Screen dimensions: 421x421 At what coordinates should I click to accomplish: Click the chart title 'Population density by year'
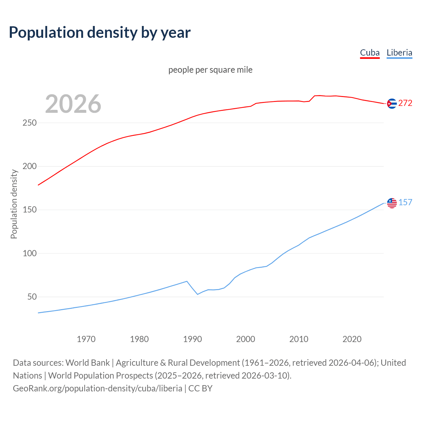point(100,32)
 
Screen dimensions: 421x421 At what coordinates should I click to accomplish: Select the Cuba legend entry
point(370,53)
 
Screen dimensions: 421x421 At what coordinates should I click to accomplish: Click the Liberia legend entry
point(399,53)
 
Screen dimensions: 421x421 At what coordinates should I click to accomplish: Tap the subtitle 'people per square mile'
point(210,70)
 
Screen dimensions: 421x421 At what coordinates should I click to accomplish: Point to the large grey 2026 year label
point(73,104)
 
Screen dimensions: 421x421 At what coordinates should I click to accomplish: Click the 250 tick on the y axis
point(29,123)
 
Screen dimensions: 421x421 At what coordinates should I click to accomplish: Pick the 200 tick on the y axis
point(29,166)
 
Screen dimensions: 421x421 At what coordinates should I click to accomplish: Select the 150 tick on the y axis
point(29,210)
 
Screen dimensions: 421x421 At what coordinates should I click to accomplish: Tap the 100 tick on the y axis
point(29,253)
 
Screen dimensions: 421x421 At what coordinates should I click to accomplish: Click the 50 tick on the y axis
point(32,297)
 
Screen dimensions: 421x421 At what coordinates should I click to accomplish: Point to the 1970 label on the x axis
point(86,339)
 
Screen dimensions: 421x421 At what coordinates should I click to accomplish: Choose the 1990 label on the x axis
point(192,339)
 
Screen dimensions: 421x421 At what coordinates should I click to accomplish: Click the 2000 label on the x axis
point(246,339)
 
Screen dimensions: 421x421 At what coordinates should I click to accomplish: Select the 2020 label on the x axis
point(352,339)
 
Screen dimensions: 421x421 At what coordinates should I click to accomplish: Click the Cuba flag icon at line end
point(392,103)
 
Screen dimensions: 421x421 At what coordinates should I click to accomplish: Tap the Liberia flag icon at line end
point(392,203)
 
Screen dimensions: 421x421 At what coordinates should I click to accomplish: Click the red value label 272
point(405,103)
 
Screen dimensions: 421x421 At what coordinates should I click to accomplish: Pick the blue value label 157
point(405,203)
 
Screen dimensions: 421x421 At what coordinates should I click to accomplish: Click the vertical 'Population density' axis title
point(14,204)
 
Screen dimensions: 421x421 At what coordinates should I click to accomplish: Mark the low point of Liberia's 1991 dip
point(198,294)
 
